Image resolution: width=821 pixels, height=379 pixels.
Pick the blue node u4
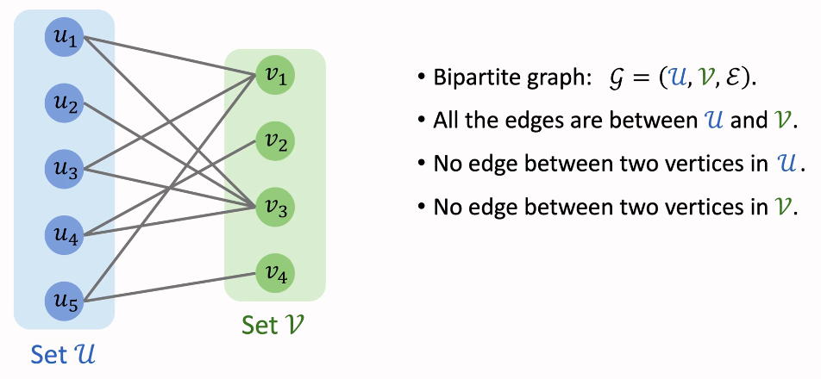coord(65,233)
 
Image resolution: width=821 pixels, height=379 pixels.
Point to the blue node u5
coord(65,301)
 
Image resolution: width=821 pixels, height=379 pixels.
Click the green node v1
coord(276,75)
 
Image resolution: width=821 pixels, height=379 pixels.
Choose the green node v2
coord(276,140)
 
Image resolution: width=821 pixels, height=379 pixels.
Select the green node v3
coord(276,207)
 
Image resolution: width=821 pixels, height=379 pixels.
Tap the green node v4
coord(276,274)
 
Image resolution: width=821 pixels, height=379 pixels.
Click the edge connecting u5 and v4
coord(172,287)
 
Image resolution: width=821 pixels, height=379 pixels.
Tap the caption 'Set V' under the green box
coord(273,326)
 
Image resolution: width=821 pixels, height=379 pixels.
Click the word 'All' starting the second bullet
coord(447,120)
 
